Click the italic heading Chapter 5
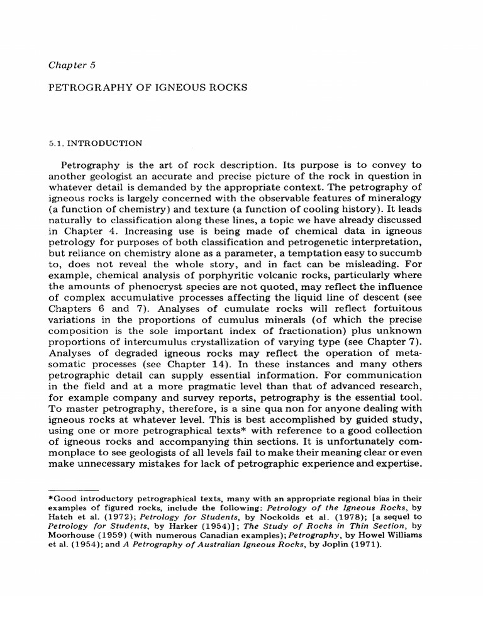point(71,64)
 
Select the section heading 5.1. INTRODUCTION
point(95,143)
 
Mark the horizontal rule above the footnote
point(74,488)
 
